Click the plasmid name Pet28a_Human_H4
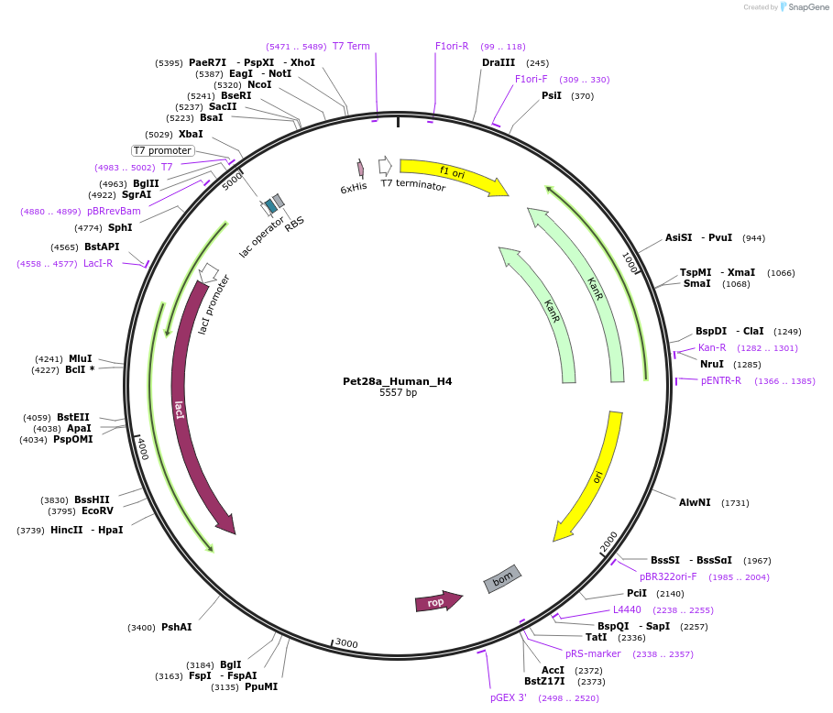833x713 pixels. (397, 381)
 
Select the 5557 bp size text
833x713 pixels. (398, 393)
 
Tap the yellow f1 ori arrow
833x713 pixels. (454, 176)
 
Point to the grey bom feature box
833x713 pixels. (502, 578)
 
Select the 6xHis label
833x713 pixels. (353, 188)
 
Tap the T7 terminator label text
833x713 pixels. (412, 185)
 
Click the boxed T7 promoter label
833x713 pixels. (162, 150)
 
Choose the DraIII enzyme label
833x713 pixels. (499, 63)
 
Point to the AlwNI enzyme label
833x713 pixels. (695, 502)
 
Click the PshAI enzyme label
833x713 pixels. (177, 628)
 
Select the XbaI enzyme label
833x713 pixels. (191, 134)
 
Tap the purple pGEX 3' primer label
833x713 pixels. (508, 697)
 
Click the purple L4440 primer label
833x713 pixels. (627, 609)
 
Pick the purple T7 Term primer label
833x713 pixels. (351, 46)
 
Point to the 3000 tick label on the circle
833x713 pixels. (345, 643)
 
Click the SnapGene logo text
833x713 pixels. (806, 7)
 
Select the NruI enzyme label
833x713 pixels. (712, 364)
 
